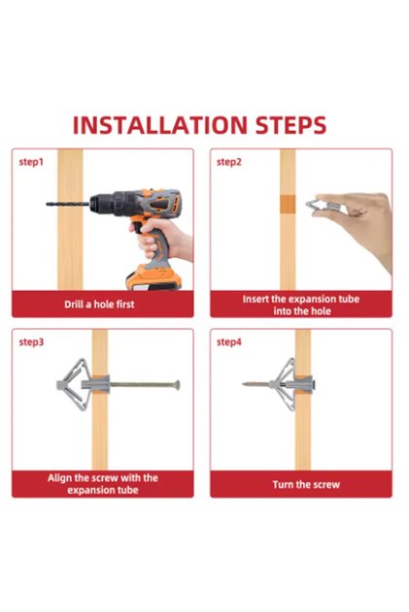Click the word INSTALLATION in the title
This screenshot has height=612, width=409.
coord(160,125)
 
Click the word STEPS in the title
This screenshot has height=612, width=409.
coord(290,125)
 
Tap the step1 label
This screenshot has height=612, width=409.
coord(31,162)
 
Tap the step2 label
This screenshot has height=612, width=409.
coord(229,162)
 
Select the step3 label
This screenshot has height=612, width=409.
coord(31,342)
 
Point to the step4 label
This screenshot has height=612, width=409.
coord(229,342)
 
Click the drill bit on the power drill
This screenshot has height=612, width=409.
coord(68,204)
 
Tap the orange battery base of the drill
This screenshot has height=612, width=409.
coord(153,278)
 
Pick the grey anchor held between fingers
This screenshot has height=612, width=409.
coord(323,206)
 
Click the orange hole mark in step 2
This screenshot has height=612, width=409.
coord(288,204)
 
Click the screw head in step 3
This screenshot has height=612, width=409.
coord(177,385)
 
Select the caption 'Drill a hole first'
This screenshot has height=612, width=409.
coord(99,305)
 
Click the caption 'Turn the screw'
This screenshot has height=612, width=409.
coord(306,485)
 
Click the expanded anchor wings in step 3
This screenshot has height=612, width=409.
coord(75,384)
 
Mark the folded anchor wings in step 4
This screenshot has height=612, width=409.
coord(288,384)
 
